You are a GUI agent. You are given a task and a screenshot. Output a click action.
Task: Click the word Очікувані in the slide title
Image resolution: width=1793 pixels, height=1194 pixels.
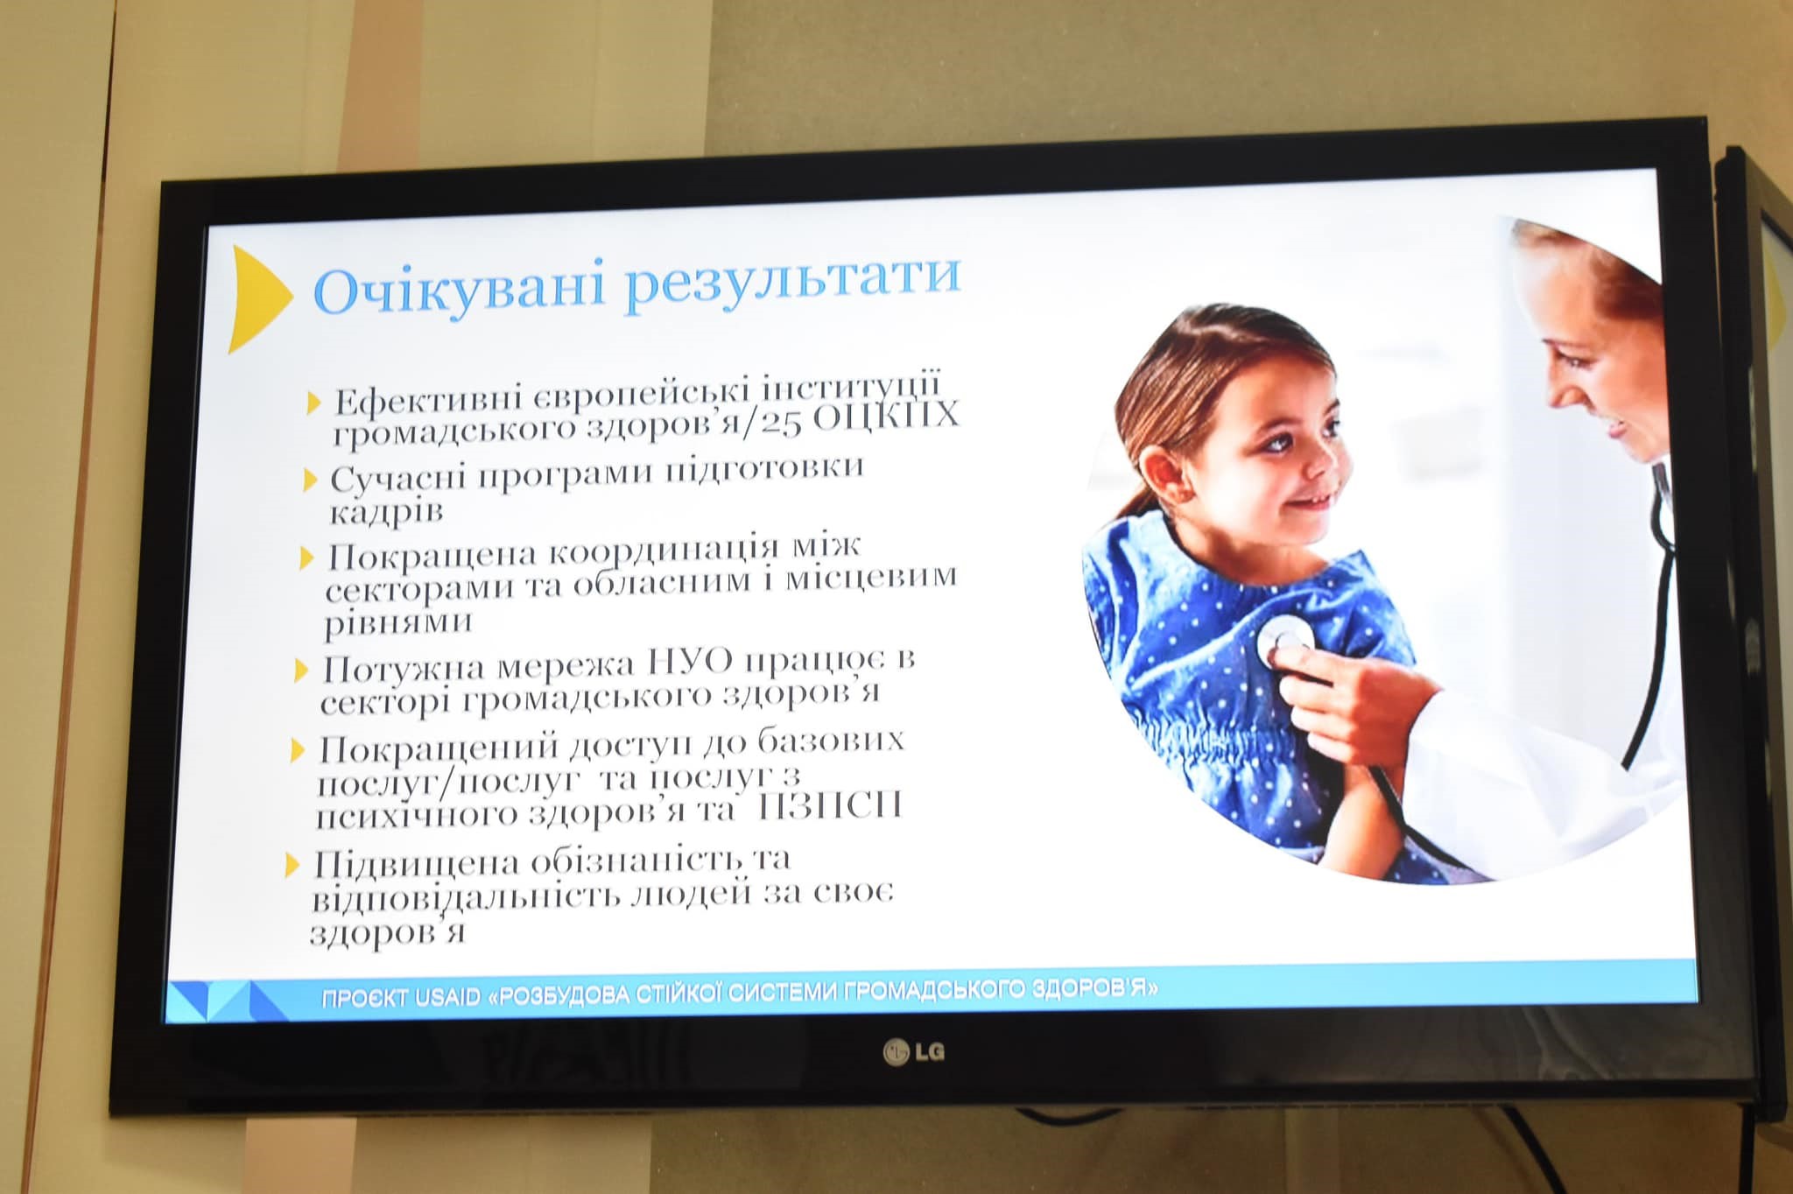point(459,290)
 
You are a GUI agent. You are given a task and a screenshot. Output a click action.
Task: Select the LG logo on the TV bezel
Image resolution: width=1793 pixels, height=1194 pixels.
point(914,1051)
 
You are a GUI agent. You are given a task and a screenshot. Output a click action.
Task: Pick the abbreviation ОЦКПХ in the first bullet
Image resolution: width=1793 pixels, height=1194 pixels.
point(887,417)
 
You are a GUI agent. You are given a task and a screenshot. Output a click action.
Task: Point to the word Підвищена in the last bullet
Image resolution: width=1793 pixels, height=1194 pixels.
point(416,866)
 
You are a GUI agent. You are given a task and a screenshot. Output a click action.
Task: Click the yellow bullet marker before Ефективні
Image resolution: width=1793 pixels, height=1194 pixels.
point(315,403)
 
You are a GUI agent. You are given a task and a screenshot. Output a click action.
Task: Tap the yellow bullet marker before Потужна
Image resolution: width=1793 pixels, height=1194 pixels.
point(302,671)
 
